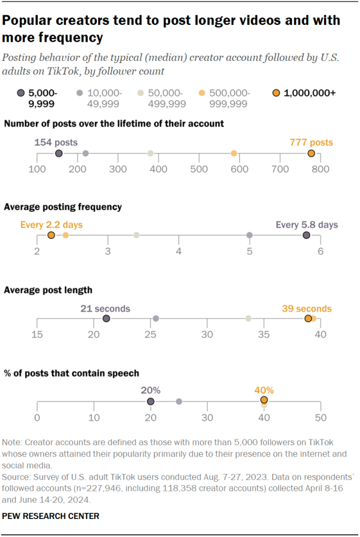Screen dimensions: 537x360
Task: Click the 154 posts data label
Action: pyautogui.click(x=56, y=143)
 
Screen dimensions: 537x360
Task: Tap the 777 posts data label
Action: pyautogui.click(x=311, y=143)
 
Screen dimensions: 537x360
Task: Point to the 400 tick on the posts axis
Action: pyautogui.click(x=158, y=168)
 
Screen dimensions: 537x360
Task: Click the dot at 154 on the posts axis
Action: pyautogui.click(x=59, y=153)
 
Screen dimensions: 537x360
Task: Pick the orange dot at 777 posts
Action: pyautogui.click(x=311, y=153)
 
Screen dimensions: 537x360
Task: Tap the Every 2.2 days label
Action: pyautogui.click(x=51, y=225)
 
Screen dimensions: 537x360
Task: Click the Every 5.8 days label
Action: pyautogui.click(x=307, y=225)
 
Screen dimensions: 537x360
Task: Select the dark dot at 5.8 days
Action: pyautogui.click(x=306, y=235)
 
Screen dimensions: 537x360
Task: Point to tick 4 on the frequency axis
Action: pyautogui.click(x=179, y=251)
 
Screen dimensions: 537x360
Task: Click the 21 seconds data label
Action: pyautogui.click(x=105, y=309)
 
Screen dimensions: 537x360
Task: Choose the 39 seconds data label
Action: pyautogui.click(x=307, y=309)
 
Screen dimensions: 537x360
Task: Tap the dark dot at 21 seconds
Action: pyautogui.click(x=106, y=319)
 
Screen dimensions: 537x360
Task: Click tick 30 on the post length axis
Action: pyautogui.click(x=207, y=335)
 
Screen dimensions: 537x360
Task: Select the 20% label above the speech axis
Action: pyautogui.click(x=150, y=390)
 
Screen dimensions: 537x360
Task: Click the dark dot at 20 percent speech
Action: pyautogui.click(x=150, y=401)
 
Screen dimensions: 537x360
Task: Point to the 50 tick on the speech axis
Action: pyautogui.click(x=321, y=418)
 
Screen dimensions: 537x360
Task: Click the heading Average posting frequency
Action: pyautogui.click(x=63, y=207)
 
